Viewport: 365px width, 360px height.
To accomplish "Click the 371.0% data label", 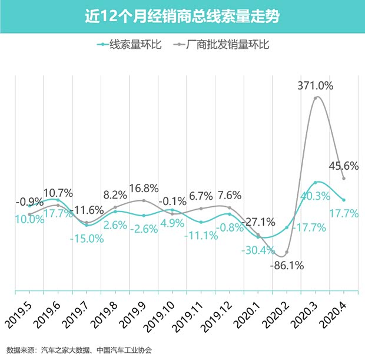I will point(315,85).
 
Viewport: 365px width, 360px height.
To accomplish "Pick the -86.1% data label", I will point(286,265).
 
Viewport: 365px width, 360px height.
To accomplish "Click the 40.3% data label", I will point(315,196).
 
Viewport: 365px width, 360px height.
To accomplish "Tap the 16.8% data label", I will point(144,189).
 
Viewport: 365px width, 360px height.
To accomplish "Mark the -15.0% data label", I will point(87,239).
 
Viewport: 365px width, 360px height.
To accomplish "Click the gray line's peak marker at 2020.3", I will point(316,98).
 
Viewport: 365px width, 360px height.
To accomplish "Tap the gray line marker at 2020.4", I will point(343,178).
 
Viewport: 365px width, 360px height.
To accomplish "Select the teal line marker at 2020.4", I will point(343,200).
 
